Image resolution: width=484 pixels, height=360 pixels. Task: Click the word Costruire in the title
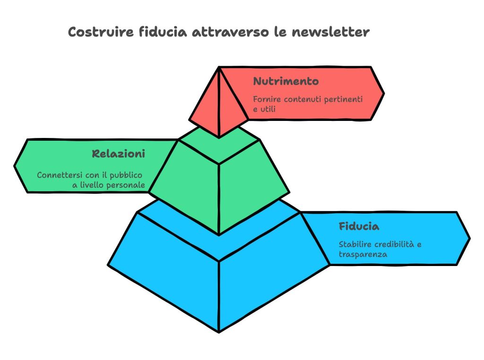[x=101, y=32]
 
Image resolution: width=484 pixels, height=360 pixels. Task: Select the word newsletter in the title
[x=330, y=32]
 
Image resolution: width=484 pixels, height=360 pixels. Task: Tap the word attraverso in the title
[x=231, y=32]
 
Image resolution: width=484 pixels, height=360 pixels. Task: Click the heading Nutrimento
[x=286, y=81]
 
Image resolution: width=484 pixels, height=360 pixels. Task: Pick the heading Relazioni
[x=119, y=154]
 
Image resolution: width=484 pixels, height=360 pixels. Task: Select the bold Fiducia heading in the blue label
[x=359, y=226]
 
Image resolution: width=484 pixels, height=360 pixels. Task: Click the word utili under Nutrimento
[x=268, y=109]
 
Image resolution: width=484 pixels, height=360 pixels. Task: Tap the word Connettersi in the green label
[x=60, y=175]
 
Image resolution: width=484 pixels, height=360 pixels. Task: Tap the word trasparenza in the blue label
[x=363, y=255]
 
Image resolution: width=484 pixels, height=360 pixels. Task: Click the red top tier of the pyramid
[x=219, y=102]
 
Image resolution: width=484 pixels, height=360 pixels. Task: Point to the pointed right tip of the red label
[x=384, y=93]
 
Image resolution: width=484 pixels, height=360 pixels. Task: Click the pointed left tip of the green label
[x=14, y=166]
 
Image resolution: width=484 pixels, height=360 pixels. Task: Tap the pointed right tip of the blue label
[x=469, y=239]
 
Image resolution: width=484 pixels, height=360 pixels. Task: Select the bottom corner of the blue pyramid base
[x=219, y=332]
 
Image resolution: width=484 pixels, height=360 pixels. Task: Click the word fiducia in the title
[x=163, y=32]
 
